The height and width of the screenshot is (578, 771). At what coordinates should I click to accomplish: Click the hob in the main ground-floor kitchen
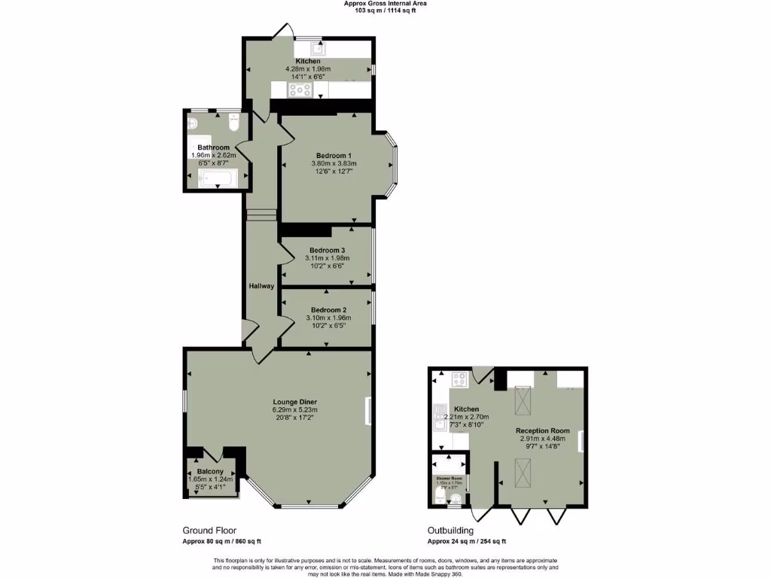300,90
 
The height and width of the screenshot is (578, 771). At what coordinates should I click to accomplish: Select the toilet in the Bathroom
232,124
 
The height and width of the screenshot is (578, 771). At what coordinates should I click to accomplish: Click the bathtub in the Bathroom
217,178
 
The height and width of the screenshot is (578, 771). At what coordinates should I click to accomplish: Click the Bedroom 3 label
328,250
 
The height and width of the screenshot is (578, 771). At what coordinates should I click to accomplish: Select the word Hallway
261,286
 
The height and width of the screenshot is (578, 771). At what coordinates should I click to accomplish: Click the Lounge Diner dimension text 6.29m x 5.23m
295,410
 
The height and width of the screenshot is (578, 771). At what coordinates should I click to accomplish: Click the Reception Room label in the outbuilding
542,430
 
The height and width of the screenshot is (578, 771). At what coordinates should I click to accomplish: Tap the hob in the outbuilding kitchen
459,379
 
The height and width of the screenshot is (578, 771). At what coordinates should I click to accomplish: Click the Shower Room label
449,477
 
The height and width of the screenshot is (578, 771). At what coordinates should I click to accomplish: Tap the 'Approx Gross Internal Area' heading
385,3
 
